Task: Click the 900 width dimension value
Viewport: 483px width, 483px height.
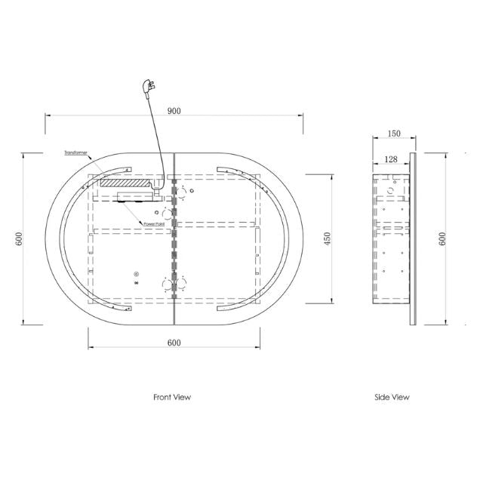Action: point(174,110)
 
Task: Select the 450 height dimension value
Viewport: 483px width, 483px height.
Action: point(327,238)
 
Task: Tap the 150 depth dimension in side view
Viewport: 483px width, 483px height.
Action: point(393,134)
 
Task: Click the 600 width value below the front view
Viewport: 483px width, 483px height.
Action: point(174,343)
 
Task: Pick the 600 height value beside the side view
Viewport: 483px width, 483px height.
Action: point(442,238)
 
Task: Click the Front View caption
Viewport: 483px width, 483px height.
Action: point(172,397)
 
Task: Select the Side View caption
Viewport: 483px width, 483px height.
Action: point(392,397)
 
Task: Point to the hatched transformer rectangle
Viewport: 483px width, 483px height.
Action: point(126,182)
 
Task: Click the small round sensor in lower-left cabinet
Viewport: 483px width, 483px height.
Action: point(137,275)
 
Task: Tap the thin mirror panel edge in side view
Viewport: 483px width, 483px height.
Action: point(413,238)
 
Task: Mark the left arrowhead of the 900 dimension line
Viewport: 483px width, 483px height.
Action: point(49,115)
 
